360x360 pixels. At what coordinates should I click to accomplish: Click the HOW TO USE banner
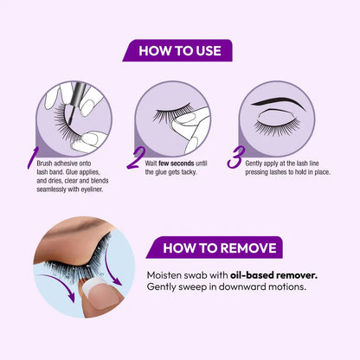coord(177,50)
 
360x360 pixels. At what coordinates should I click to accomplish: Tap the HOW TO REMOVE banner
coord(215,247)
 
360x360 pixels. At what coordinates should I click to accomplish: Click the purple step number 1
coord(33,157)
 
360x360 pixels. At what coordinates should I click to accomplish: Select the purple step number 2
coord(135,158)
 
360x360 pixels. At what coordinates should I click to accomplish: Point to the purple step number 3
coord(235,157)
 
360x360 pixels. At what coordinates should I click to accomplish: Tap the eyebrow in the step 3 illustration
coord(278,103)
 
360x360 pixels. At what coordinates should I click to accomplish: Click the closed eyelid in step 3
coord(277,118)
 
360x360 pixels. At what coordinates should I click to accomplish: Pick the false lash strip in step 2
coord(173,113)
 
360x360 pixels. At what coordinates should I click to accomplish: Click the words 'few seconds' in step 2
coord(177,164)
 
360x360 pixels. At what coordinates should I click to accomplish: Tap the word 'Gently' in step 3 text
coord(254,164)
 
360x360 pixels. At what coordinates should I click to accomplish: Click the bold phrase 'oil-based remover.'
coord(273,275)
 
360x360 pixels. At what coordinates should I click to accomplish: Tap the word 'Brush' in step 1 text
coord(44,164)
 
